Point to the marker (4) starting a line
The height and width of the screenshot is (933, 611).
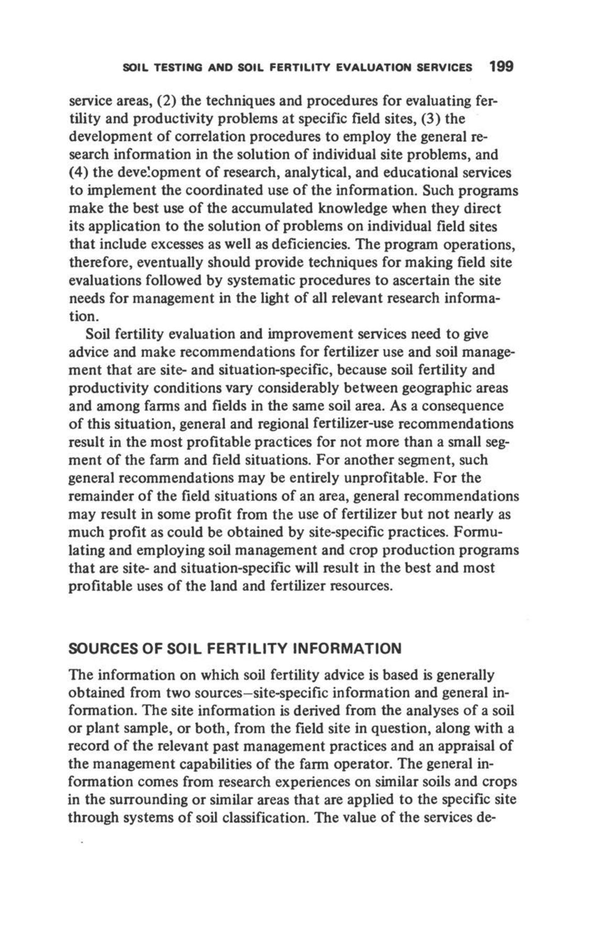tap(79, 173)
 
